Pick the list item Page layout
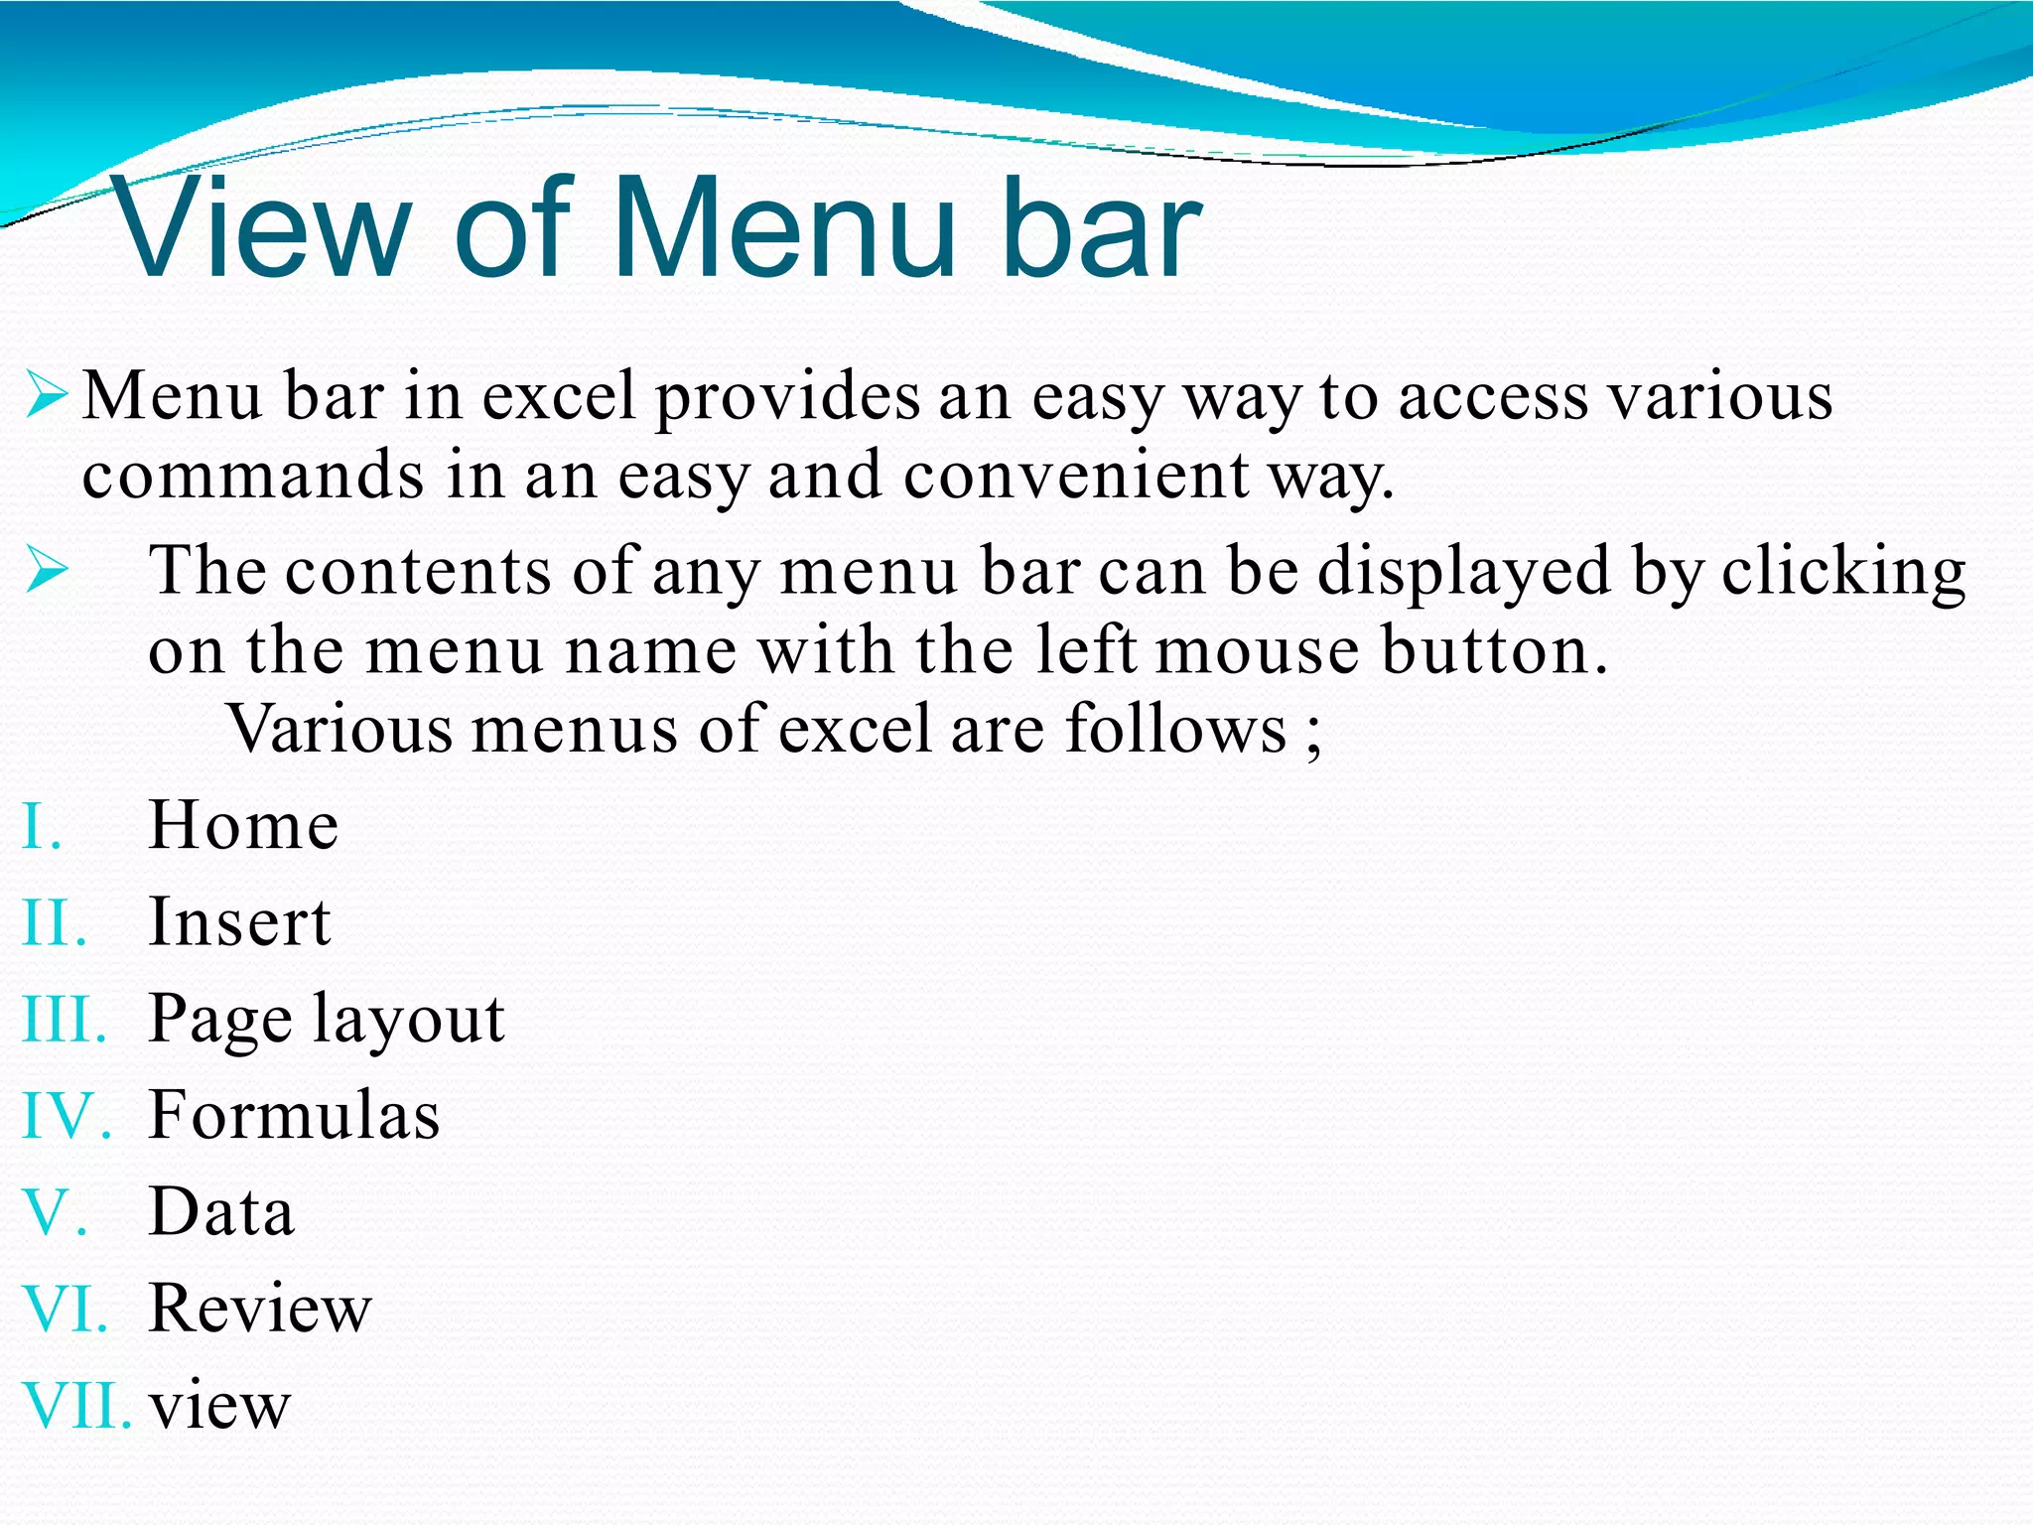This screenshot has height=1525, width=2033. pyautogui.click(x=327, y=1020)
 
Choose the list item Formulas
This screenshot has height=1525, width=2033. pyautogui.click(x=294, y=1115)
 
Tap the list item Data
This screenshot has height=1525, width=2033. pyautogui.click(x=221, y=1211)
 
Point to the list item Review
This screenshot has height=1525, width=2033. pyautogui.click(x=260, y=1308)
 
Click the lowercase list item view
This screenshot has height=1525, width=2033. pyautogui.click(x=219, y=1406)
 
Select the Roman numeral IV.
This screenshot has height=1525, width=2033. pyautogui.click(x=66, y=1116)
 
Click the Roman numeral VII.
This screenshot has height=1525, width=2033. pyautogui.click(x=76, y=1406)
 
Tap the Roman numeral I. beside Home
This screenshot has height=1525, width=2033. pyautogui.click(x=42, y=827)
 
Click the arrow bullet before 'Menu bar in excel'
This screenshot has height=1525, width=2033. pyautogui.click(x=47, y=395)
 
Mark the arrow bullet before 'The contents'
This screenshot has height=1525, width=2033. pyautogui.click(x=47, y=571)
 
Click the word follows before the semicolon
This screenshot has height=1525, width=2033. pyautogui.click(x=1176, y=730)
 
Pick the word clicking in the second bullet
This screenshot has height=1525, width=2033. pyautogui.click(x=1843, y=573)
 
